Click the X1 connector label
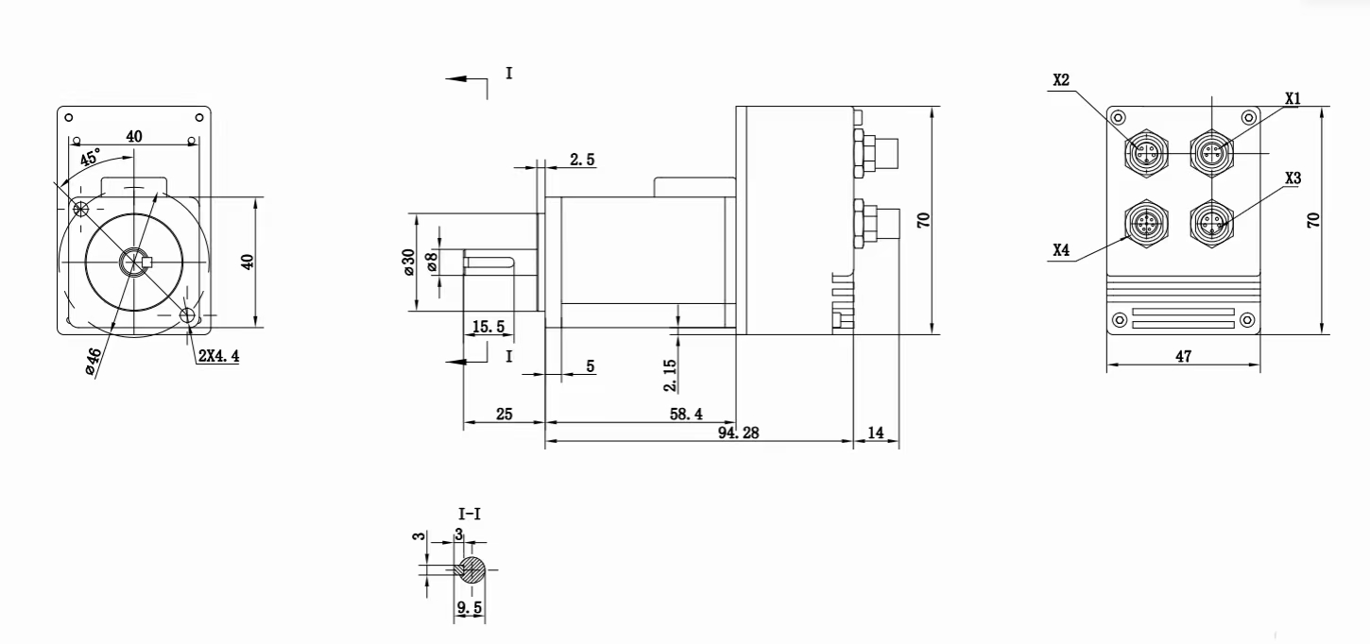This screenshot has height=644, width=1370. pos(1293,98)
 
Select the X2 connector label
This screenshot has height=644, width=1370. pos(1061,80)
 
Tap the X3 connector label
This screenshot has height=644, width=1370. pos(1293,178)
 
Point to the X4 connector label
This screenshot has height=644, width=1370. pos(1061,250)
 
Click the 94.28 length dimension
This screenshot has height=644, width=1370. pos(738,432)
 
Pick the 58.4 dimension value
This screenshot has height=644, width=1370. pos(686,415)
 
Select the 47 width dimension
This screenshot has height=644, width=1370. pos(1184,356)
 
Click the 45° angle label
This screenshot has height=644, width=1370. pos(90,157)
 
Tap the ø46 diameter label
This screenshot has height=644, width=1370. pos(92,361)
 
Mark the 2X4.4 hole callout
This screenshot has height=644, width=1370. pos(218,356)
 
